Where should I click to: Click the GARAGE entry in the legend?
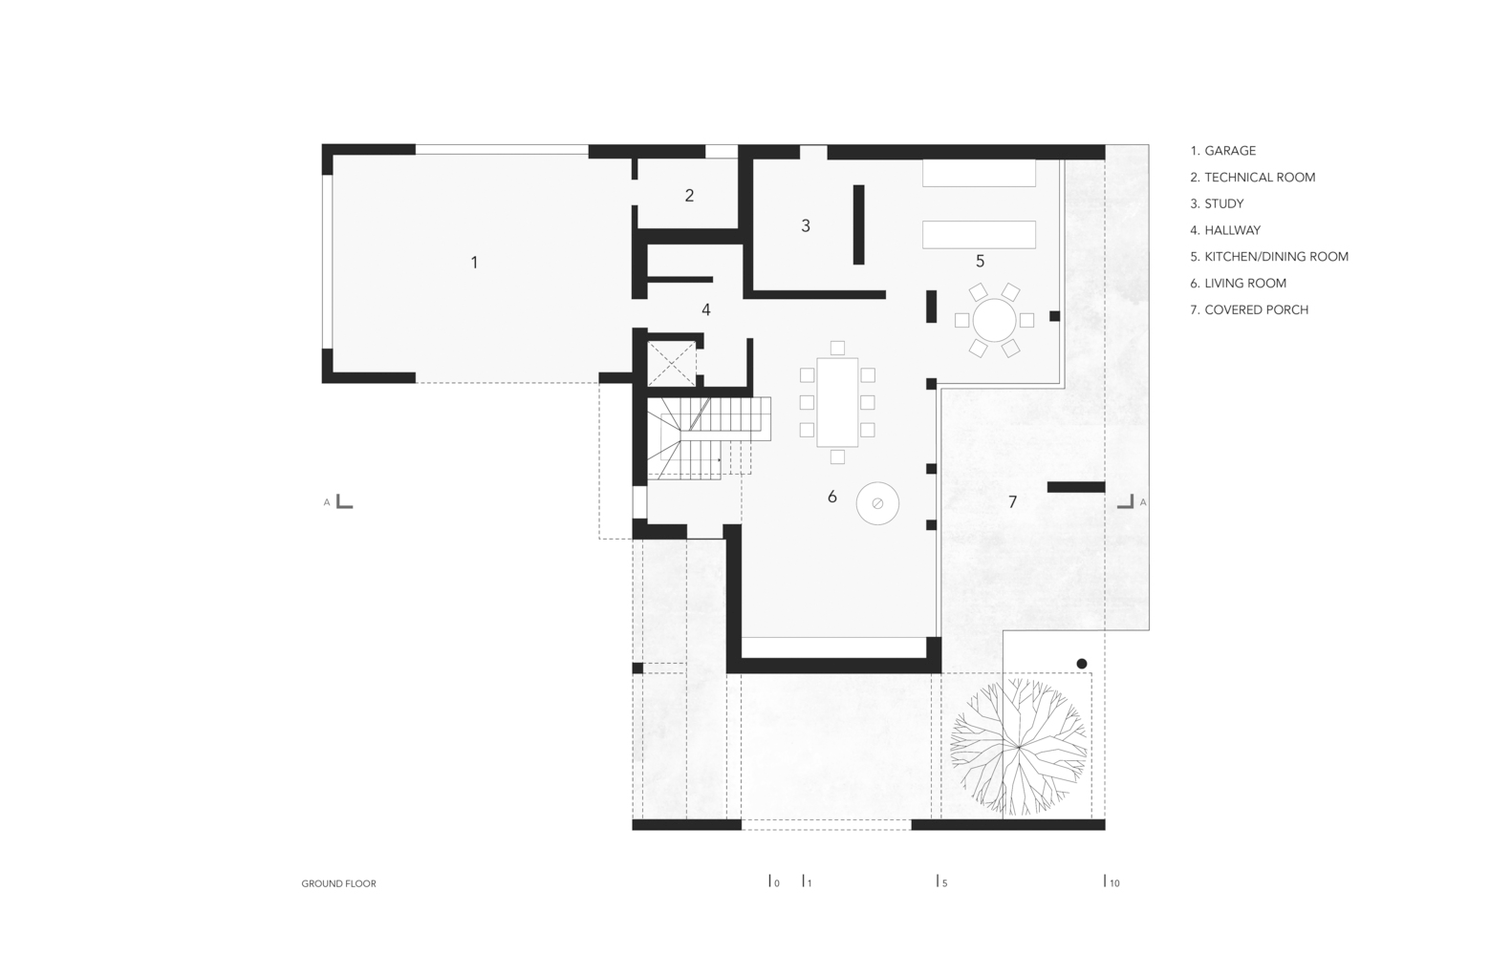1223,151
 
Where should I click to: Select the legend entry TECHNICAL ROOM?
1253,178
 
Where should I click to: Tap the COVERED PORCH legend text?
1249,310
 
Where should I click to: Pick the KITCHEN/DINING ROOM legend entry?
1269,257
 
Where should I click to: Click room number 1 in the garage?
474,263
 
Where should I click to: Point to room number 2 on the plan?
689,196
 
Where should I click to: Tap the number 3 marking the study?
806,225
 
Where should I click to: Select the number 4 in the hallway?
705,309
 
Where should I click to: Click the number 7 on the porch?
1012,501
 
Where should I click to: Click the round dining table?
994,320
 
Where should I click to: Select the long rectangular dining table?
837,402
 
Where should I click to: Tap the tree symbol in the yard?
1019,747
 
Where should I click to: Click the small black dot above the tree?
1081,664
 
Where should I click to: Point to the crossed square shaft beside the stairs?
671,364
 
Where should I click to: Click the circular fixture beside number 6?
877,502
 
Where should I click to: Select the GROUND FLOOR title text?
338,883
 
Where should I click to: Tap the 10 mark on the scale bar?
1112,881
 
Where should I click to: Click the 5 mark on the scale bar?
941,881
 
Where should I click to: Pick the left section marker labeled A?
338,501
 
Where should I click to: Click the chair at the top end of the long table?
837,348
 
